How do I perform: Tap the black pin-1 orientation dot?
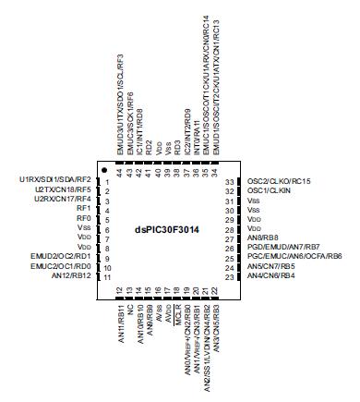click(108, 171)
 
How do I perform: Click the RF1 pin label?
click(84, 208)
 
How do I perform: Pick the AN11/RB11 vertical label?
click(120, 322)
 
